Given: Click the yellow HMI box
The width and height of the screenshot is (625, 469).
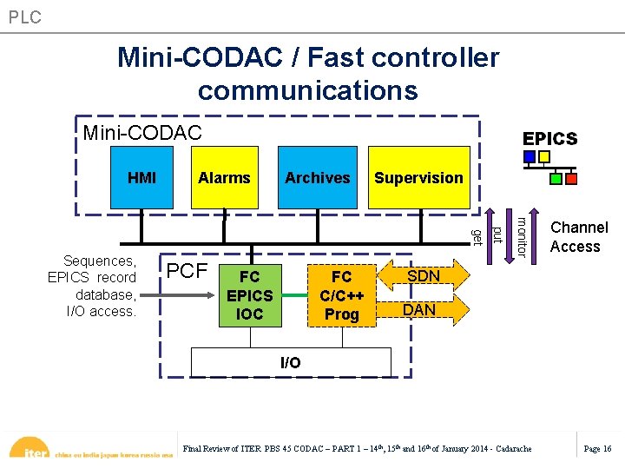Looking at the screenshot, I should click(142, 178).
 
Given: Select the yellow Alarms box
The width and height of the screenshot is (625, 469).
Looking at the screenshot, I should click(224, 178).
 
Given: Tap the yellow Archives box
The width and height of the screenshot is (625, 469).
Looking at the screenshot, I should click(317, 178).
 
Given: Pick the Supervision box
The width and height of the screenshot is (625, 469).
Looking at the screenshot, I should click(418, 178).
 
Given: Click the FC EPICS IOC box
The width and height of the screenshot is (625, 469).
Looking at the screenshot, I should click(250, 295).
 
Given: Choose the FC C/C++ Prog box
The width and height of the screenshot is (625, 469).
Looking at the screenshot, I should click(342, 295).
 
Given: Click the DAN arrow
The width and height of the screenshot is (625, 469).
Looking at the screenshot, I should click(420, 309).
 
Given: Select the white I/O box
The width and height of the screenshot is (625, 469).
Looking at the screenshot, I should click(291, 362).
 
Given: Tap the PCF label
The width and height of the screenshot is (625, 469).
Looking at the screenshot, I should click(187, 270).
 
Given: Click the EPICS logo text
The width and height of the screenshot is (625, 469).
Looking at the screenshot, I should click(549, 139).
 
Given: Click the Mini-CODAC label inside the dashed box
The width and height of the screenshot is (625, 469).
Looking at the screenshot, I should click(142, 133).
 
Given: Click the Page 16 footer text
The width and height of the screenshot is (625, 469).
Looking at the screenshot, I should click(597, 448).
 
